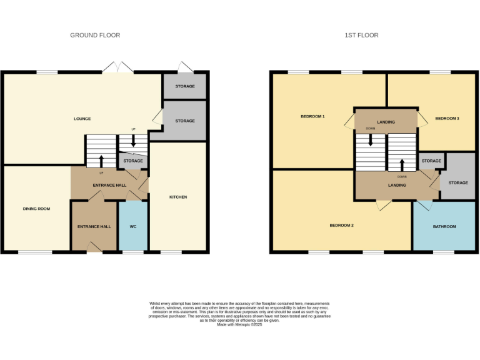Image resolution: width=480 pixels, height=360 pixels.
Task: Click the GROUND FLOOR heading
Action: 95,36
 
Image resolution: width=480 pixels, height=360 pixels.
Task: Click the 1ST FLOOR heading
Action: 361,36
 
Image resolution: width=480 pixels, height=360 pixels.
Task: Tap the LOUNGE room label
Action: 82,119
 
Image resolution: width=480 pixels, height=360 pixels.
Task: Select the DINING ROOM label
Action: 36,209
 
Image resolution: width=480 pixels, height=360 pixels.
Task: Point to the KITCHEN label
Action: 178,197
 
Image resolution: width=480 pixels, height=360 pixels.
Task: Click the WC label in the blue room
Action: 132,226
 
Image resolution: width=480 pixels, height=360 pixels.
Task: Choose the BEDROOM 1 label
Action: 312,117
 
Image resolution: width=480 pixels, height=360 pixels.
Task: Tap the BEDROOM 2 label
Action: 342,225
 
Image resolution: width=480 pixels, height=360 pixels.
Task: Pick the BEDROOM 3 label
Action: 447,118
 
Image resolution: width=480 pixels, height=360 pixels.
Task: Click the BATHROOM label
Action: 444,226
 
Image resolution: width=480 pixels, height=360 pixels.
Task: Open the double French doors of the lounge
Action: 118,67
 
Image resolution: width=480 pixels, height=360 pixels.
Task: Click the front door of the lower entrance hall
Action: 94,247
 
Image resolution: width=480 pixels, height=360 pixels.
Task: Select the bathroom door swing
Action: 424,206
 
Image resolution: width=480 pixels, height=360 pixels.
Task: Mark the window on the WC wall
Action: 132,252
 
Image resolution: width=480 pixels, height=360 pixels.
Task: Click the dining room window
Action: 31,252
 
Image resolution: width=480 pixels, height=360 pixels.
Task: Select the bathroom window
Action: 444,252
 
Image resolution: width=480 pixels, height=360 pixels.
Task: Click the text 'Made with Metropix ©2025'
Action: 239,324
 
